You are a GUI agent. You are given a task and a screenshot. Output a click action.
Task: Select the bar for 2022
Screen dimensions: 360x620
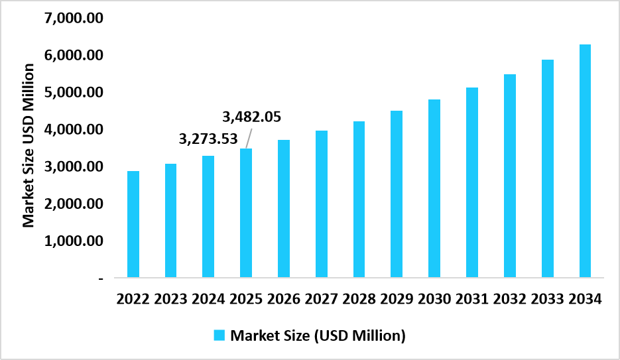(133, 224)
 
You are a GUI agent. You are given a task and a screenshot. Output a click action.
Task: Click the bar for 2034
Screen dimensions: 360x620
(585, 160)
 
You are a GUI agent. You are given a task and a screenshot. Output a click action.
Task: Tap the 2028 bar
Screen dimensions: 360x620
(359, 199)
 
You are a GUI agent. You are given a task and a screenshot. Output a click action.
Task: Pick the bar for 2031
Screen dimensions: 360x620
(471, 182)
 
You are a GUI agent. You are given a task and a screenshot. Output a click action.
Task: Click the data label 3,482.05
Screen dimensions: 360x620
(251, 117)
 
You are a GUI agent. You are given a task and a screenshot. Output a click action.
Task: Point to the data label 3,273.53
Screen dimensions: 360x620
(209, 139)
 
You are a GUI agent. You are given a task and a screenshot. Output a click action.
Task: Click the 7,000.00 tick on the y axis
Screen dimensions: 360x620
(73, 18)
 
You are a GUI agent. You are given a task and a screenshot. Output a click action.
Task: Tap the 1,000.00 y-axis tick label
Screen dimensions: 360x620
(73, 241)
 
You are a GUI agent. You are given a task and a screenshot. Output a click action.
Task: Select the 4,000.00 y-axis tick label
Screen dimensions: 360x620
(73, 129)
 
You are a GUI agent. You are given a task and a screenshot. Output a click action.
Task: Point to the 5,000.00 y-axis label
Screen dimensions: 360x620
(73, 92)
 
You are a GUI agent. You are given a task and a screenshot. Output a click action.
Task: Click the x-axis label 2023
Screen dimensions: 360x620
(170, 299)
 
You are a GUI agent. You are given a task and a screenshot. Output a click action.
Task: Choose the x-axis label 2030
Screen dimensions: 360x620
(434, 299)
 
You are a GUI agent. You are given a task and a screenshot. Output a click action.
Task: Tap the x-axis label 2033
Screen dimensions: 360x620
(547, 299)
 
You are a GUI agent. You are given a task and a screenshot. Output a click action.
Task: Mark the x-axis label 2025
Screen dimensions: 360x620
(246, 299)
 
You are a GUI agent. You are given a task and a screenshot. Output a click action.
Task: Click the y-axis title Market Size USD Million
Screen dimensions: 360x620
(29, 145)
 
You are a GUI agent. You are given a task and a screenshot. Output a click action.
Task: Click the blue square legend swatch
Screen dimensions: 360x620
(219, 335)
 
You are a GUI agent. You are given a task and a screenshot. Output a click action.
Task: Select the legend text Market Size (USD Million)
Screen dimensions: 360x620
(318, 335)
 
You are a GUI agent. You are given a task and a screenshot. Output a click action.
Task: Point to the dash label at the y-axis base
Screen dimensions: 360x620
(101, 279)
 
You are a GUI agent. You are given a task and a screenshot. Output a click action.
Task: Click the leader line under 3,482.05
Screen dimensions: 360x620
(249, 139)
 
